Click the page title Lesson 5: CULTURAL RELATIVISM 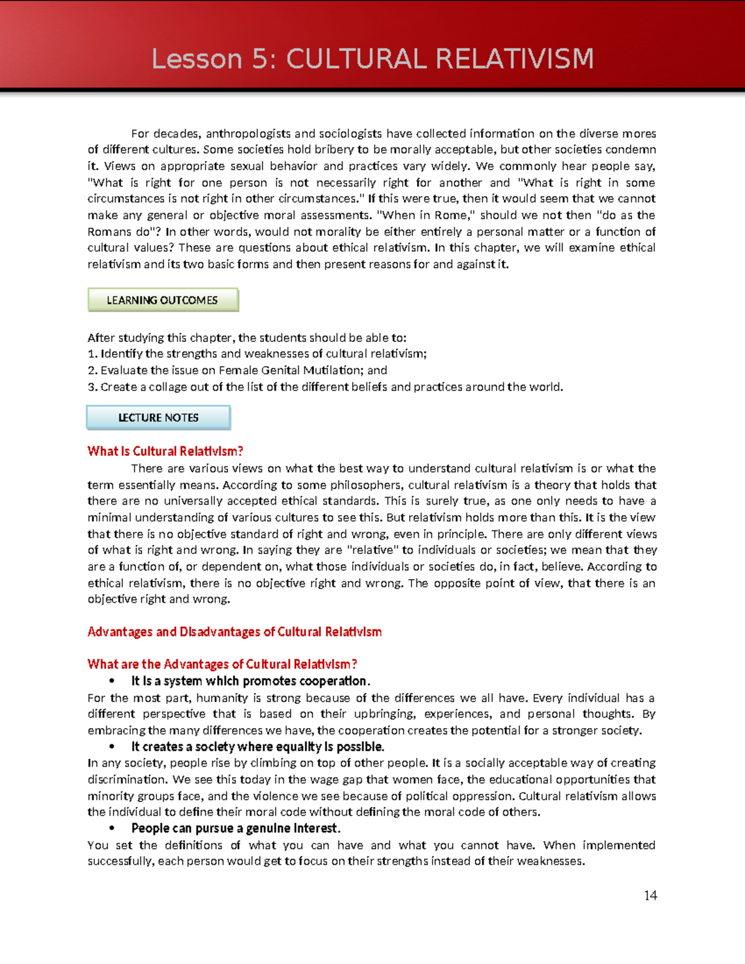pyautogui.click(x=372, y=59)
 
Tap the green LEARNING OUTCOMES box pyautogui.click(x=163, y=300)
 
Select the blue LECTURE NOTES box pyautogui.click(x=158, y=418)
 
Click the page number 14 pyautogui.click(x=650, y=895)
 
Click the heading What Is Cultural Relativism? pyautogui.click(x=165, y=451)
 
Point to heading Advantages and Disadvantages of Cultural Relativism pyautogui.click(x=234, y=632)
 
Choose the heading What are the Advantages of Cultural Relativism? pyautogui.click(x=222, y=664)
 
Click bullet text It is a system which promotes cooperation pyautogui.click(x=250, y=681)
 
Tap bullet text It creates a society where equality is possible pyautogui.click(x=258, y=747)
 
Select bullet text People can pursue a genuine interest pyautogui.click(x=235, y=829)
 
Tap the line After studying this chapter pyautogui.click(x=246, y=338)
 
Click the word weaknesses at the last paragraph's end pyautogui.click(x=550, y=862)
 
